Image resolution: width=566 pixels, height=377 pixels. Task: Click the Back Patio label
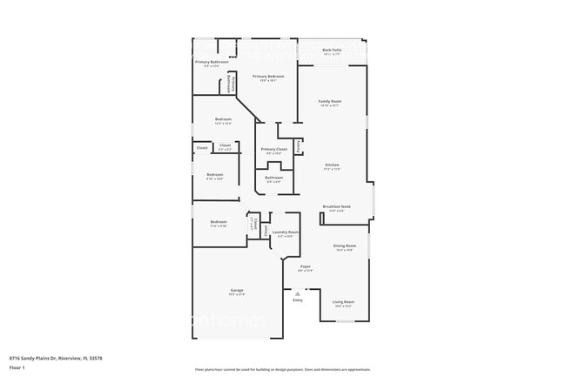tap(332, 50)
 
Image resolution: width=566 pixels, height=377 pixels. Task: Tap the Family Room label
tap(330, 101)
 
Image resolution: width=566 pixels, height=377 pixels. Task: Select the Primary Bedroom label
tap(268, 77)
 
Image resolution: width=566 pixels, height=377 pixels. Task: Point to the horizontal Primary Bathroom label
tap(212, 62)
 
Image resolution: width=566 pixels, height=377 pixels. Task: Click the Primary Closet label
tap(274, 150)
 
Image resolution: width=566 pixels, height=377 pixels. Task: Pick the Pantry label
tap(300, 147)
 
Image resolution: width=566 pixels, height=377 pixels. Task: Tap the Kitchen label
tap(332, 165)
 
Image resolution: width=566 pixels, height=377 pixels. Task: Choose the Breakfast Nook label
tap(336, 206)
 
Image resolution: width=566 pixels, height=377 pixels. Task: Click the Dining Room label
tap(345, 246)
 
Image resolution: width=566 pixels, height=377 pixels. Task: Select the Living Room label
tap(343, 301)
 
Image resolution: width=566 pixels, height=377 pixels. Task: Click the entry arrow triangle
tap(298, 293)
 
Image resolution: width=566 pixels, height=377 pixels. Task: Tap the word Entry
tap(298, 300)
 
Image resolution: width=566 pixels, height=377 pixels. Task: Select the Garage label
tap(237, 290)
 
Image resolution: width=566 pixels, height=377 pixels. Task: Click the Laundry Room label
tap(286, 232)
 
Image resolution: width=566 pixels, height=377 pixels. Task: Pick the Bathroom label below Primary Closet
tap(273, 178)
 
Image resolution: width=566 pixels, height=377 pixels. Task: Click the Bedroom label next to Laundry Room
tap(219, 222)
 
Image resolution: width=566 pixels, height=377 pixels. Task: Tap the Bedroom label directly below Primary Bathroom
tap(224, 119)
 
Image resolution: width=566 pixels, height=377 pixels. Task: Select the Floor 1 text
tap(17, 368)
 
